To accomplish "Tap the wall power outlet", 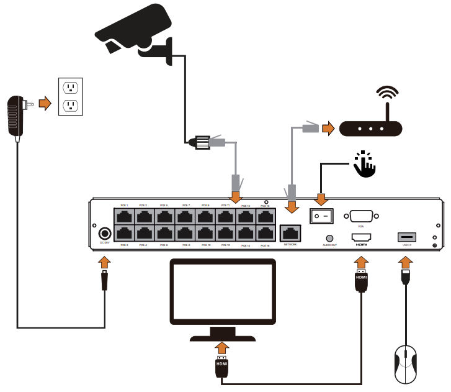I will coord(70,96).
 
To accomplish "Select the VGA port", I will coord(361,216).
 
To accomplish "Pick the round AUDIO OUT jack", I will coord(329,237).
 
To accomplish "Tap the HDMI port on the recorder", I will coord(361,237).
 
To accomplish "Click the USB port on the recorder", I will coord(406,237).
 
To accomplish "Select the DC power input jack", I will coord(105,234).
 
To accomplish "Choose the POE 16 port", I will coord(265,234).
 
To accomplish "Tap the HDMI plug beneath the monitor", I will coord(221,367).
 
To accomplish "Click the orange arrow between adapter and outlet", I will coord(45,103).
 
